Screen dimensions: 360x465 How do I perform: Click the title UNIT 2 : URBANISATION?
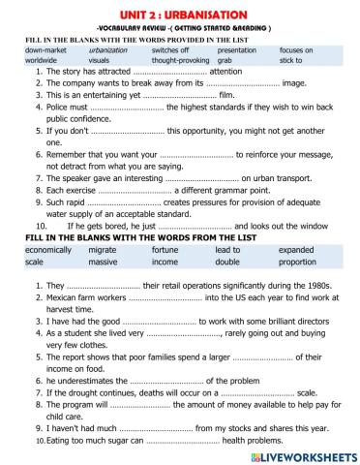point(180,11)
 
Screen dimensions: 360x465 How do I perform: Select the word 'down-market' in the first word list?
point(46,48)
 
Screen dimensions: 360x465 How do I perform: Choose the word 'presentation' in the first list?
point(237,48)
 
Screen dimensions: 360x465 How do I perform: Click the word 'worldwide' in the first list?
point(43,60)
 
